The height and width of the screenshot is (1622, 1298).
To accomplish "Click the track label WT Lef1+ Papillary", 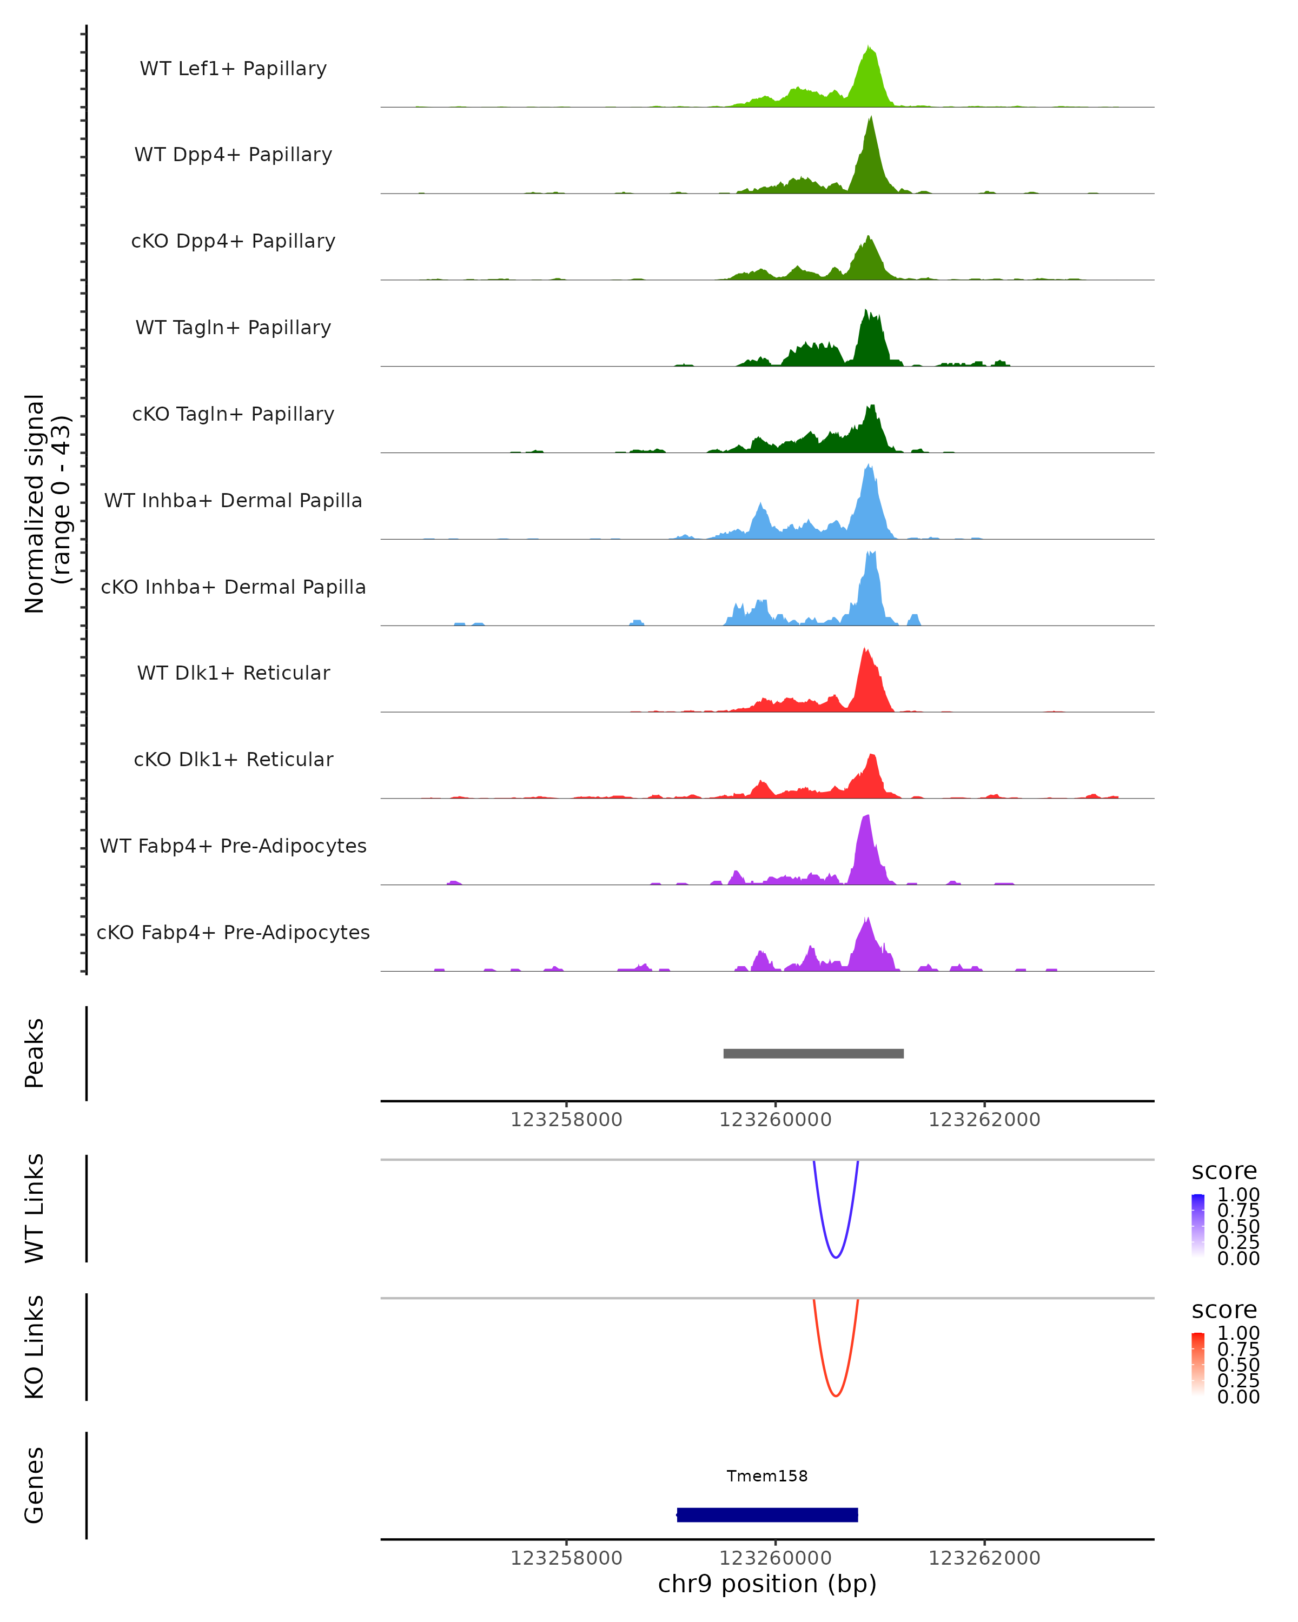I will pos(233,69).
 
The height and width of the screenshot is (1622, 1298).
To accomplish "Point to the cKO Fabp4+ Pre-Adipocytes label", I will pos(233,932).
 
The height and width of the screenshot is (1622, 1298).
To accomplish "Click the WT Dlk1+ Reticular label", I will pos(233,673).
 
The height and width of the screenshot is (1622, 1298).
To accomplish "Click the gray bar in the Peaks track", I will pos(813,1053).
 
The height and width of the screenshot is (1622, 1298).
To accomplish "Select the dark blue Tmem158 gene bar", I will pos(767,1514).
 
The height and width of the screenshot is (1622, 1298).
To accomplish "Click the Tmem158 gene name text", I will pos(767,1476).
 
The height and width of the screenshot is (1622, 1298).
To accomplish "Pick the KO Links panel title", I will pos(35,1347).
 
